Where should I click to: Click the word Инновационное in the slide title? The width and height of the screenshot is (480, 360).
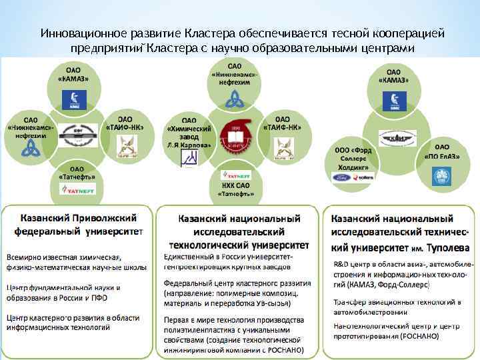point(75,33)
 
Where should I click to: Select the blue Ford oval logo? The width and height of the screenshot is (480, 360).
point(347,177)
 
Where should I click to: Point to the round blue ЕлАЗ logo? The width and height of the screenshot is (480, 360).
point(442,177)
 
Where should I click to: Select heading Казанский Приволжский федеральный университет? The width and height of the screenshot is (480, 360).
point(78,225)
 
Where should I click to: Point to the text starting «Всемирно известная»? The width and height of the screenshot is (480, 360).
point(63,258)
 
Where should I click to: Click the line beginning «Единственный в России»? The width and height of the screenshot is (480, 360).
point(229,257)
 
